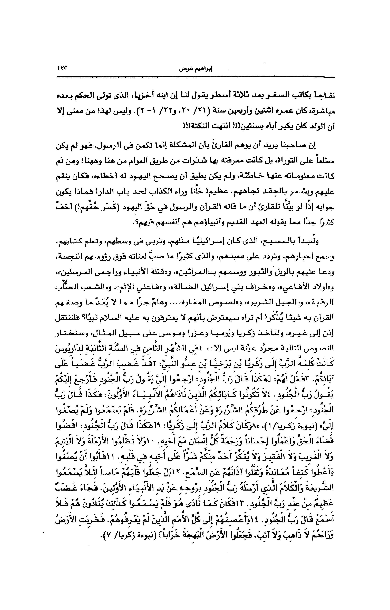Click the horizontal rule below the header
coord(195,77)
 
